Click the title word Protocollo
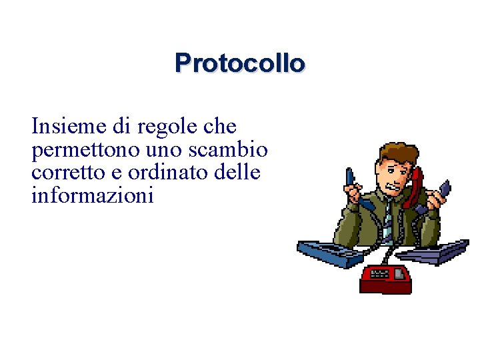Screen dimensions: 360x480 click(240, 63)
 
